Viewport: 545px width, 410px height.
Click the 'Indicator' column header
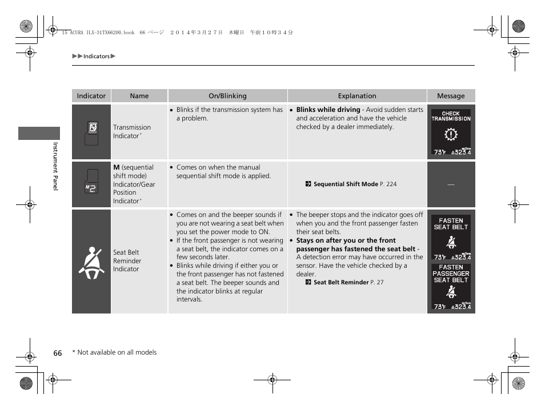pos(91,96)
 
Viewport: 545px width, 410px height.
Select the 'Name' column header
pos(139,96)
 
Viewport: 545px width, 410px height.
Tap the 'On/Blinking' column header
pos(227,96)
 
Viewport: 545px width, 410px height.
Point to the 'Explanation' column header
pos(357,96)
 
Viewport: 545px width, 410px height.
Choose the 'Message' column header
pos(451,96)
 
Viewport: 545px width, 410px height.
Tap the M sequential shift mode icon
pos(91,184)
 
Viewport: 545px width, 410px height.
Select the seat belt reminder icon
pos(91,262)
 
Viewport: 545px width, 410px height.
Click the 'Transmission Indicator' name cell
pos(132,132)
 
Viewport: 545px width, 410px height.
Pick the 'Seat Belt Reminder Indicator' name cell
pos(127,261)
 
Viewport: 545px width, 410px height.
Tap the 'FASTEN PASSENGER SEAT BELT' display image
pos(451,287)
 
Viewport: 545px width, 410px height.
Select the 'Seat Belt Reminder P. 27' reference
pos(348,283)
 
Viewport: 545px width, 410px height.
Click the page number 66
pos(58,353)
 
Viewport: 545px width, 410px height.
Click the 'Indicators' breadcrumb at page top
pos(96,57)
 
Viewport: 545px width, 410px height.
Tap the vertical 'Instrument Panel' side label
pos(55,167)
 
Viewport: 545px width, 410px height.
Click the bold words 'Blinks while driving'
pos(328,110)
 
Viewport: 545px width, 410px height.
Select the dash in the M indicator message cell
pos(451,184)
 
